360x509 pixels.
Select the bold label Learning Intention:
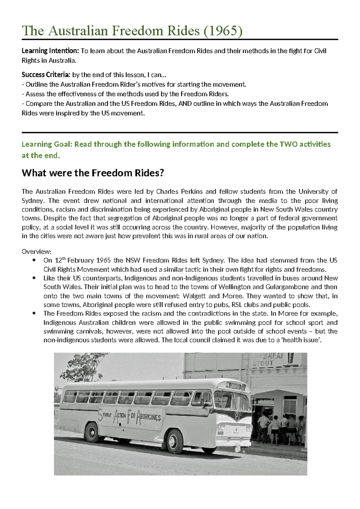(50, 51)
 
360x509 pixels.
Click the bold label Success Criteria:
(46, 75)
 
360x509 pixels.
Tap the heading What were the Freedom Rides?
(93, 173)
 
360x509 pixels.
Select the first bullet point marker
(34, 260)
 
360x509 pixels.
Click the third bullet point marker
(34, 313)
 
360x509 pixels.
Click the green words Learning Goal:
(47, 144)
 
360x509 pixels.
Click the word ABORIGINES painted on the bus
(149, 418)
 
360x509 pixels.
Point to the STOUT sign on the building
(263, 363)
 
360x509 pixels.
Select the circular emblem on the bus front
(238, 416)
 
